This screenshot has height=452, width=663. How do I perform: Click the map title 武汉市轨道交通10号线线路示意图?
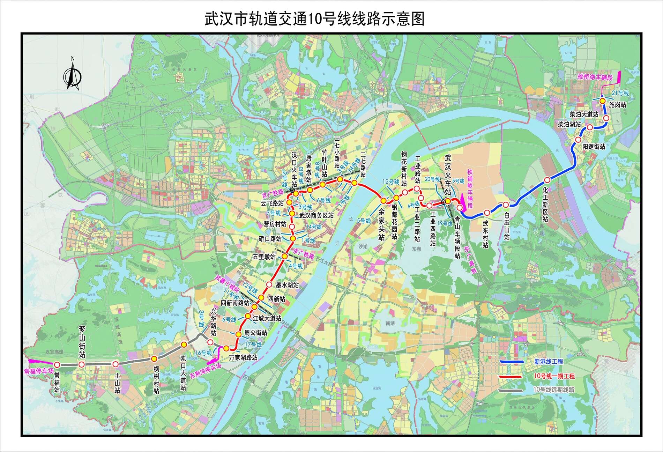click(314, 19)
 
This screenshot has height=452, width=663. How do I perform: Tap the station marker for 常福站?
click(58, 364)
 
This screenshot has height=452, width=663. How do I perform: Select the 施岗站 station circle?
click(602, 101)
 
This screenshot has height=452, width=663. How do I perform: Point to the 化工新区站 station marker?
click(547, 180)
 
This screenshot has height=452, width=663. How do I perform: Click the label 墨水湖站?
click(287, 285)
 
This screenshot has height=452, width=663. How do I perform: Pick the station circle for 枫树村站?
click(154, 359)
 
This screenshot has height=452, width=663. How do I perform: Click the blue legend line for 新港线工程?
click(512, 362)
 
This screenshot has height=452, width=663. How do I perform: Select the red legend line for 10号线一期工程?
click(512, 377)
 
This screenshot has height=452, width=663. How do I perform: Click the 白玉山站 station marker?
click(505, 205)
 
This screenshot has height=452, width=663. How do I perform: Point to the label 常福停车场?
click(39, 371)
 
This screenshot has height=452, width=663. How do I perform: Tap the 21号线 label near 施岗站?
click(620, 93)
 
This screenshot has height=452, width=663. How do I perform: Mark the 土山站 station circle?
click(116, 364)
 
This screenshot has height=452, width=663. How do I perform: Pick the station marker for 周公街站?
click(238, 334)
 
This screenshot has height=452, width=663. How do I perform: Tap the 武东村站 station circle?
click(487, 212)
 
